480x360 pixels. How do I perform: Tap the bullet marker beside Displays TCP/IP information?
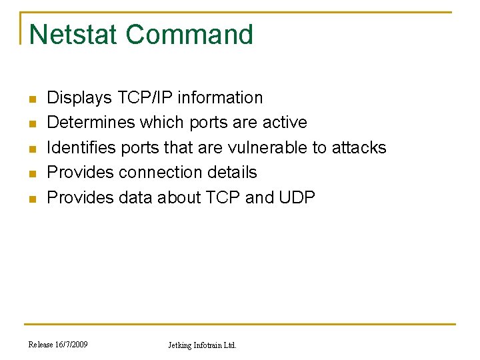click(x=31, y=99)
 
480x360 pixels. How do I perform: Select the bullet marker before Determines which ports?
click(x=31, y=124)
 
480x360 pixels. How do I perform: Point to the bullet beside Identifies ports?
click(x=31, y=149)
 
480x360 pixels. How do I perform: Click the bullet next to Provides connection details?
click(x=31, y=173)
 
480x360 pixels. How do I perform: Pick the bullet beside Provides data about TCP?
click(x=31, y=199)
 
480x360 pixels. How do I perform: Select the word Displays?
click(x=79, y=98)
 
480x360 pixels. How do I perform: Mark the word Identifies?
click(x=81, y=147)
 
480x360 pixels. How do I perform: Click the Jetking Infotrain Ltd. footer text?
click(x=201, y=345)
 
